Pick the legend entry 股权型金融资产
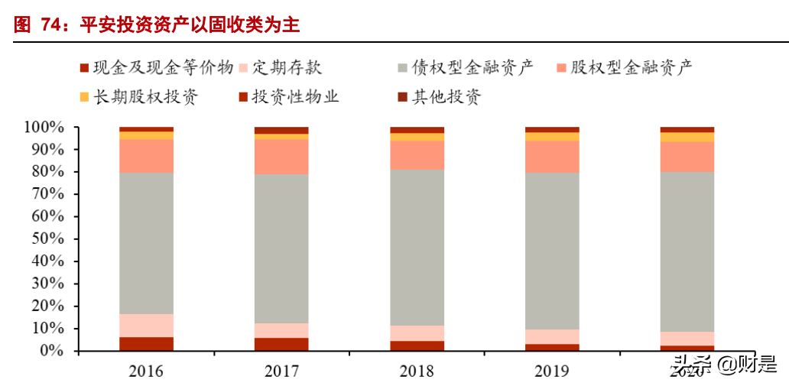coord(632,67)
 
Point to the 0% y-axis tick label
coord(55,351)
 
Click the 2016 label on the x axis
coord(146,371)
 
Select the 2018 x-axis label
coord(417,371)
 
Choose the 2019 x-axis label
coord(552,371)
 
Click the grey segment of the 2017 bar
coord(281,248)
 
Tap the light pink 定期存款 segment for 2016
coord(146,326)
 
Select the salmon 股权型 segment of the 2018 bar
coord(417,154)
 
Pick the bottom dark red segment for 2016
coord(146,344)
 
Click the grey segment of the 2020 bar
coord(687,251)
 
